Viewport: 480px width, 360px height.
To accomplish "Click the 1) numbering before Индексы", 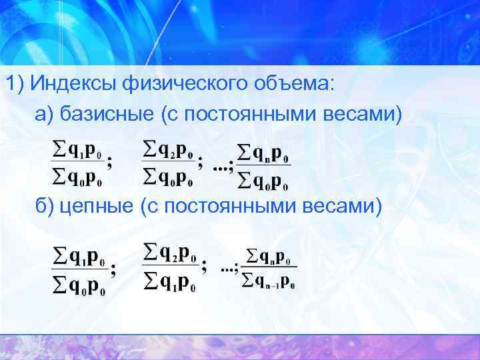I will coord(16,85).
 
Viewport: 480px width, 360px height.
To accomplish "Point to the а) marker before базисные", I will coord(45,114).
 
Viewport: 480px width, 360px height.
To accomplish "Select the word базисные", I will coord(106,114).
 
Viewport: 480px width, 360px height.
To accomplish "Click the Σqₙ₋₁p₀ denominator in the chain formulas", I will coord(268,282).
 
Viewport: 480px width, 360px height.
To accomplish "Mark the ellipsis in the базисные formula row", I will coord(221,167).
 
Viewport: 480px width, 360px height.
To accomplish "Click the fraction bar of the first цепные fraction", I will coord(79,269).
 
